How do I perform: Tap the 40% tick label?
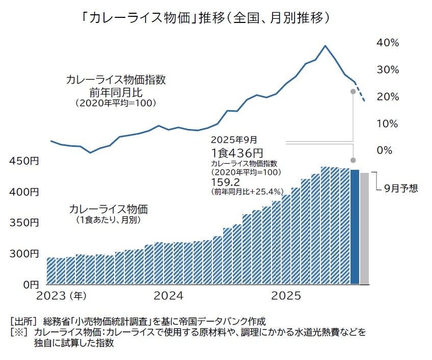point(387,42)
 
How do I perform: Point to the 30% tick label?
point(387,69)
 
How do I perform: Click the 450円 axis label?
point(24,161)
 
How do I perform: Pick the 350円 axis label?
point(24,223)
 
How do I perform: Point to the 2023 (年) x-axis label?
point(63,296)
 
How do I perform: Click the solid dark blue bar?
point(355,227)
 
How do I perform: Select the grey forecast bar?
point(364,228)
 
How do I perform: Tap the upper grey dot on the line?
point(353,91)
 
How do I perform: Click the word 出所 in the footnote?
point(23,321)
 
